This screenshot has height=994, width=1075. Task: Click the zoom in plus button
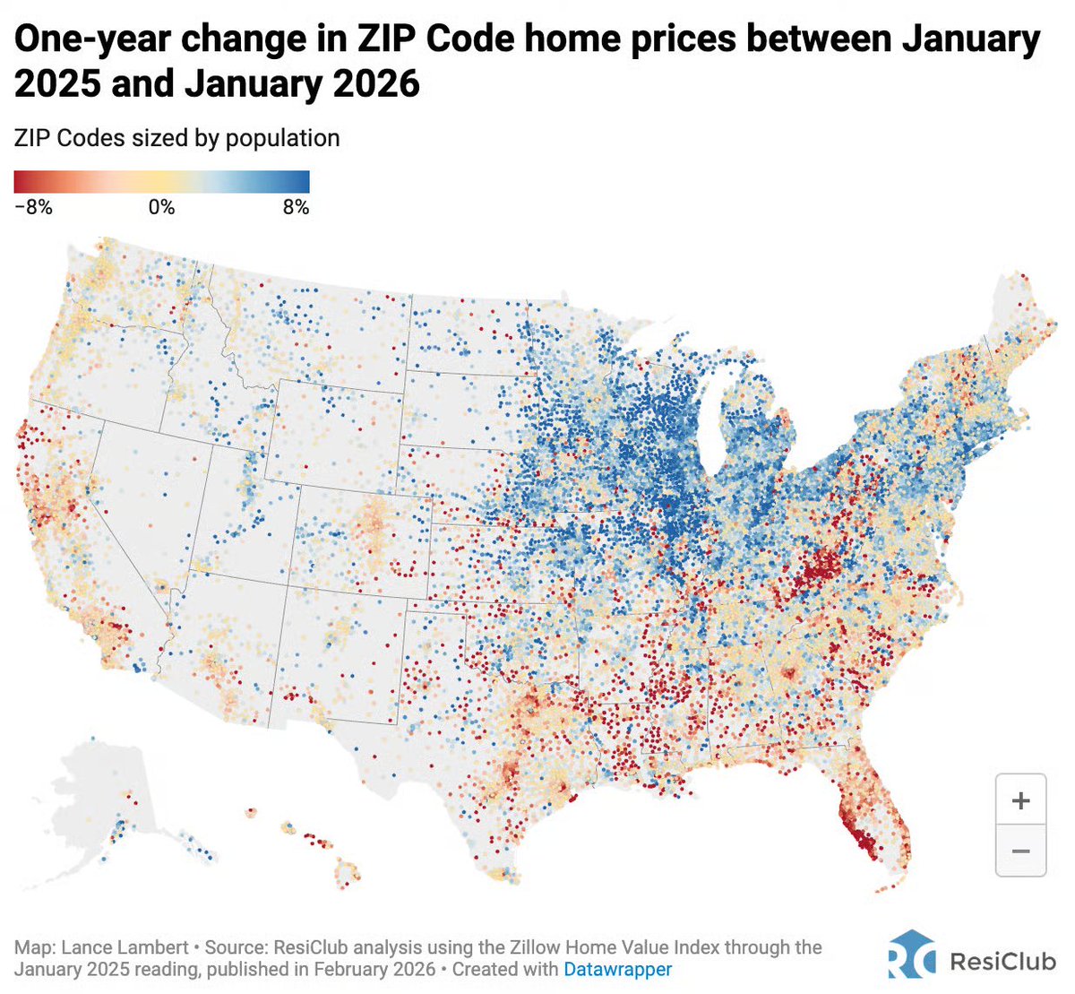[x=1020, y=800]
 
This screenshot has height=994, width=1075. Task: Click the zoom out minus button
[x=1020, y=851]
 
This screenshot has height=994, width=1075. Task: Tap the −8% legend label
[x=34, y=207]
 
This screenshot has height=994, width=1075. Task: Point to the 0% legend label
[x=161, y=207]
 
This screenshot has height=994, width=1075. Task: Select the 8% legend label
[x=296, y=207]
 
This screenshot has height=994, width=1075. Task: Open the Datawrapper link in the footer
[x=617, y=969]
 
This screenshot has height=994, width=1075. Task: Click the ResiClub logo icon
[x=911, y=954]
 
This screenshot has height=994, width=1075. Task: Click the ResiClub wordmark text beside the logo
[x=1002, y=962]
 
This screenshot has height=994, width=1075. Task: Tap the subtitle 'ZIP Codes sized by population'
[x=177, y=138]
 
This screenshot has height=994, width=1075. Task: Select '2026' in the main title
[x=376, y=84]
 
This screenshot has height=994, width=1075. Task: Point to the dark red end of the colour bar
[x=21, y=182]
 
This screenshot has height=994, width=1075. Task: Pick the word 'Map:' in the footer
[x=35, y=947]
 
